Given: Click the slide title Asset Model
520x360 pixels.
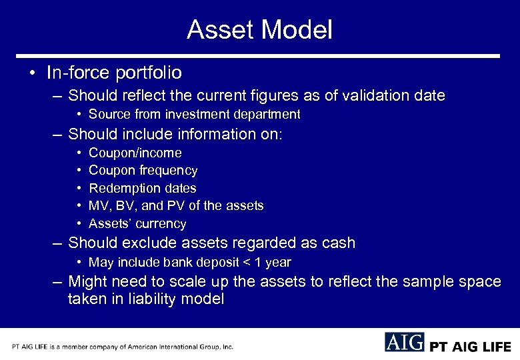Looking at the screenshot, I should tap(259, 30).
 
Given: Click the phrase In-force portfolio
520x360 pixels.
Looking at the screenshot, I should tap(114, 72).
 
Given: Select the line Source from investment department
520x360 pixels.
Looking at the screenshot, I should tap(194, 115).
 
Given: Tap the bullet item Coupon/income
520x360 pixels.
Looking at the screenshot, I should tap(135, 153).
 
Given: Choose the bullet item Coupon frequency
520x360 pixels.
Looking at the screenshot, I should tap(143, 171).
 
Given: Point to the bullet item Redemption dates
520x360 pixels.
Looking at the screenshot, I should tap(142, 189).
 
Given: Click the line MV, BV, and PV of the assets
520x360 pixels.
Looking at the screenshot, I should tap(176, 206).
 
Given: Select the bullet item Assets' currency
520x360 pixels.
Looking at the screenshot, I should tap(137, 224).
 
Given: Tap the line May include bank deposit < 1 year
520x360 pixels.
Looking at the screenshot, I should tap(189, 263).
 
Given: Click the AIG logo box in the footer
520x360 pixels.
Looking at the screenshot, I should tap(404, 342).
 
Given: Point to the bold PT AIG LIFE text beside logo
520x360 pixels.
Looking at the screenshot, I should tap(470, 347).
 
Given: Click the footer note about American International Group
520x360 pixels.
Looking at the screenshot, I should tap(122, 347).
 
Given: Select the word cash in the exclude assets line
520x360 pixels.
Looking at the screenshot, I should tap(338, 243).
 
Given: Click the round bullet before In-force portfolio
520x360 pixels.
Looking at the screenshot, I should tap(33, 73).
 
